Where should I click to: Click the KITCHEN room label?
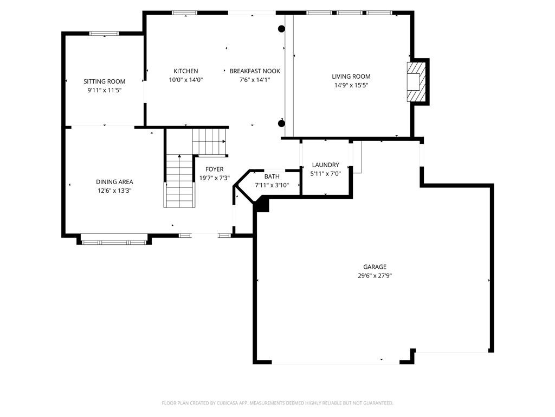coord(185,71)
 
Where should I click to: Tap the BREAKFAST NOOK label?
coord(255,71)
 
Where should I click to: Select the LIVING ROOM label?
coord(351,77)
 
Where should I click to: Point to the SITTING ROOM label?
coord(105,81)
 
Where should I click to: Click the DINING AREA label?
coord(114,182)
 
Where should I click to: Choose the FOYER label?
coord(214,169)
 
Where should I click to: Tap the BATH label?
coord(272,176)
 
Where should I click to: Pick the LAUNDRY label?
coord(325,165)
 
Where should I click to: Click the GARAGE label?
coord(375,267)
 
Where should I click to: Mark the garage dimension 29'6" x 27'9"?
coord(375,276)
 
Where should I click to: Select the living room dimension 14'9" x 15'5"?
coord(351,85)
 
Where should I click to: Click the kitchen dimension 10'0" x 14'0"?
coord(185,80)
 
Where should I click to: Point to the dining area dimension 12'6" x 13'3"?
coord(114,191)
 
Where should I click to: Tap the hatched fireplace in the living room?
coord(416,82)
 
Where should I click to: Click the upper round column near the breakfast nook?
coord(281,29)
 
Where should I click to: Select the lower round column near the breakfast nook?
coord(281,123)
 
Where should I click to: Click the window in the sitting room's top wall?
coord(104,34)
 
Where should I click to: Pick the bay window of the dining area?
coord(114,239)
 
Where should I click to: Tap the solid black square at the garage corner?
coord(262,205)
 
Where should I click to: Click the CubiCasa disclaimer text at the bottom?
coord(277,403)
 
